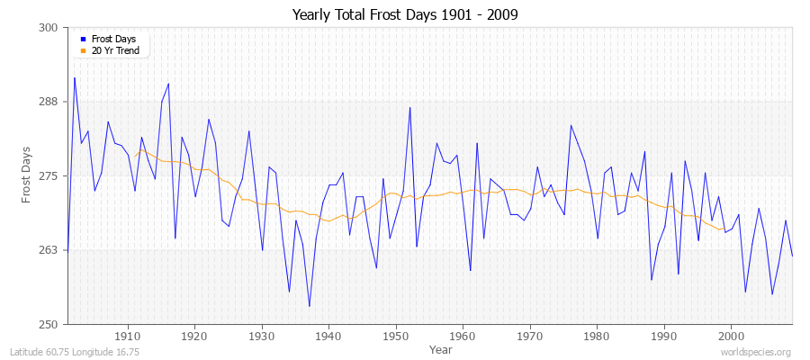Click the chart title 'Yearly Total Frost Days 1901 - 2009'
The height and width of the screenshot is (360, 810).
pyautogui.click(x=405, y=15)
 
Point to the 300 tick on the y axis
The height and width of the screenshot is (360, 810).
pyautogui.click(x=49, y=28)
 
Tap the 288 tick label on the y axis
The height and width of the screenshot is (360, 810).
pyautogui.click(x=49, y=102)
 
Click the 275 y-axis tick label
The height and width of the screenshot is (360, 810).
pyautogui.click(x=49, y=175)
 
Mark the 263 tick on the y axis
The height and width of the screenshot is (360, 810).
pyautogui.click(x=49, y=250)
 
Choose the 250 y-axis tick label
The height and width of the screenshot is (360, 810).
pyautogui.click(x=49, y=324)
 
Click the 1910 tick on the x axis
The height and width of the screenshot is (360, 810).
pyautogui.click(x=128, y=337)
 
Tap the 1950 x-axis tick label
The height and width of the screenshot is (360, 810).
pyautogui.click(x=396, y=337)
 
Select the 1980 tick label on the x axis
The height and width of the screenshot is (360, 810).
pyautogui.click(x=597, y=337)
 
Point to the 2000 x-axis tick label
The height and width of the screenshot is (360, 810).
pyautogui.click(x=731, y=337)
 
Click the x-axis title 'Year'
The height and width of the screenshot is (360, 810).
pyautogui.click(x=441, y=348)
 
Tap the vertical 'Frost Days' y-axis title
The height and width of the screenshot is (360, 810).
pyautogui.click(x=26, y=175)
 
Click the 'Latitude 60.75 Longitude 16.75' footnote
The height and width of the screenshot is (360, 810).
pyautogui.click(x=75, y=352)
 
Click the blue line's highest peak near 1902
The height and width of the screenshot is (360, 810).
pyautogui.click(x=75, y=77)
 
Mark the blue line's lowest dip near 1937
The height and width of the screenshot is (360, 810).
pyautogui.click(x=309, y=306)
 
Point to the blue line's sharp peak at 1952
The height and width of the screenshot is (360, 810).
pyautogui.click(x=409, y=107)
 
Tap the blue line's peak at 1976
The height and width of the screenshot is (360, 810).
pyautogui.click(x=571, y=125)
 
